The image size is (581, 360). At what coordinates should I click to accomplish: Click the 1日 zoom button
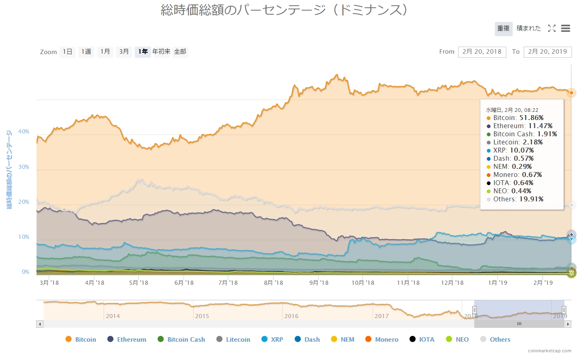(x=67, y=52)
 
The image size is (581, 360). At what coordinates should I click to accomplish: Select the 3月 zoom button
(x=124, y=52)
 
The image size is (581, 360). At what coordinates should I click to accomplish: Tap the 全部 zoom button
(x=180, y=52)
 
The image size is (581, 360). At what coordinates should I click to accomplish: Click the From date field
(x=482, y=52)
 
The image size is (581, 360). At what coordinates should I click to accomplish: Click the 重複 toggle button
(x=503, y=28)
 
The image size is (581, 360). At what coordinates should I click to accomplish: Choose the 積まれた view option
(x=529, y=28)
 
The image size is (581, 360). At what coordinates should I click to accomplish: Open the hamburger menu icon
(x=566, y=28)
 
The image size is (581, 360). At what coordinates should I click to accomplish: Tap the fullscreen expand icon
(x=552, y=28)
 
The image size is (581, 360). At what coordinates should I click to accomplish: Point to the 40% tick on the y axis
(x=24, y=132)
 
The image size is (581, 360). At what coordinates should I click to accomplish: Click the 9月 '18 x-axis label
(x=319, y=283)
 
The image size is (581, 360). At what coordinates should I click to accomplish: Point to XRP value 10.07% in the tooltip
(x=522, y=150)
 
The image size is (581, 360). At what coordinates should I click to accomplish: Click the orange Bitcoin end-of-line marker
(x=571, y=93)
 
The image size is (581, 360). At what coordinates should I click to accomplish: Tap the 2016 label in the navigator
(x=291, y=316)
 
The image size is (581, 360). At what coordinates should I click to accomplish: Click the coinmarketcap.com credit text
(x=549, y=351)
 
